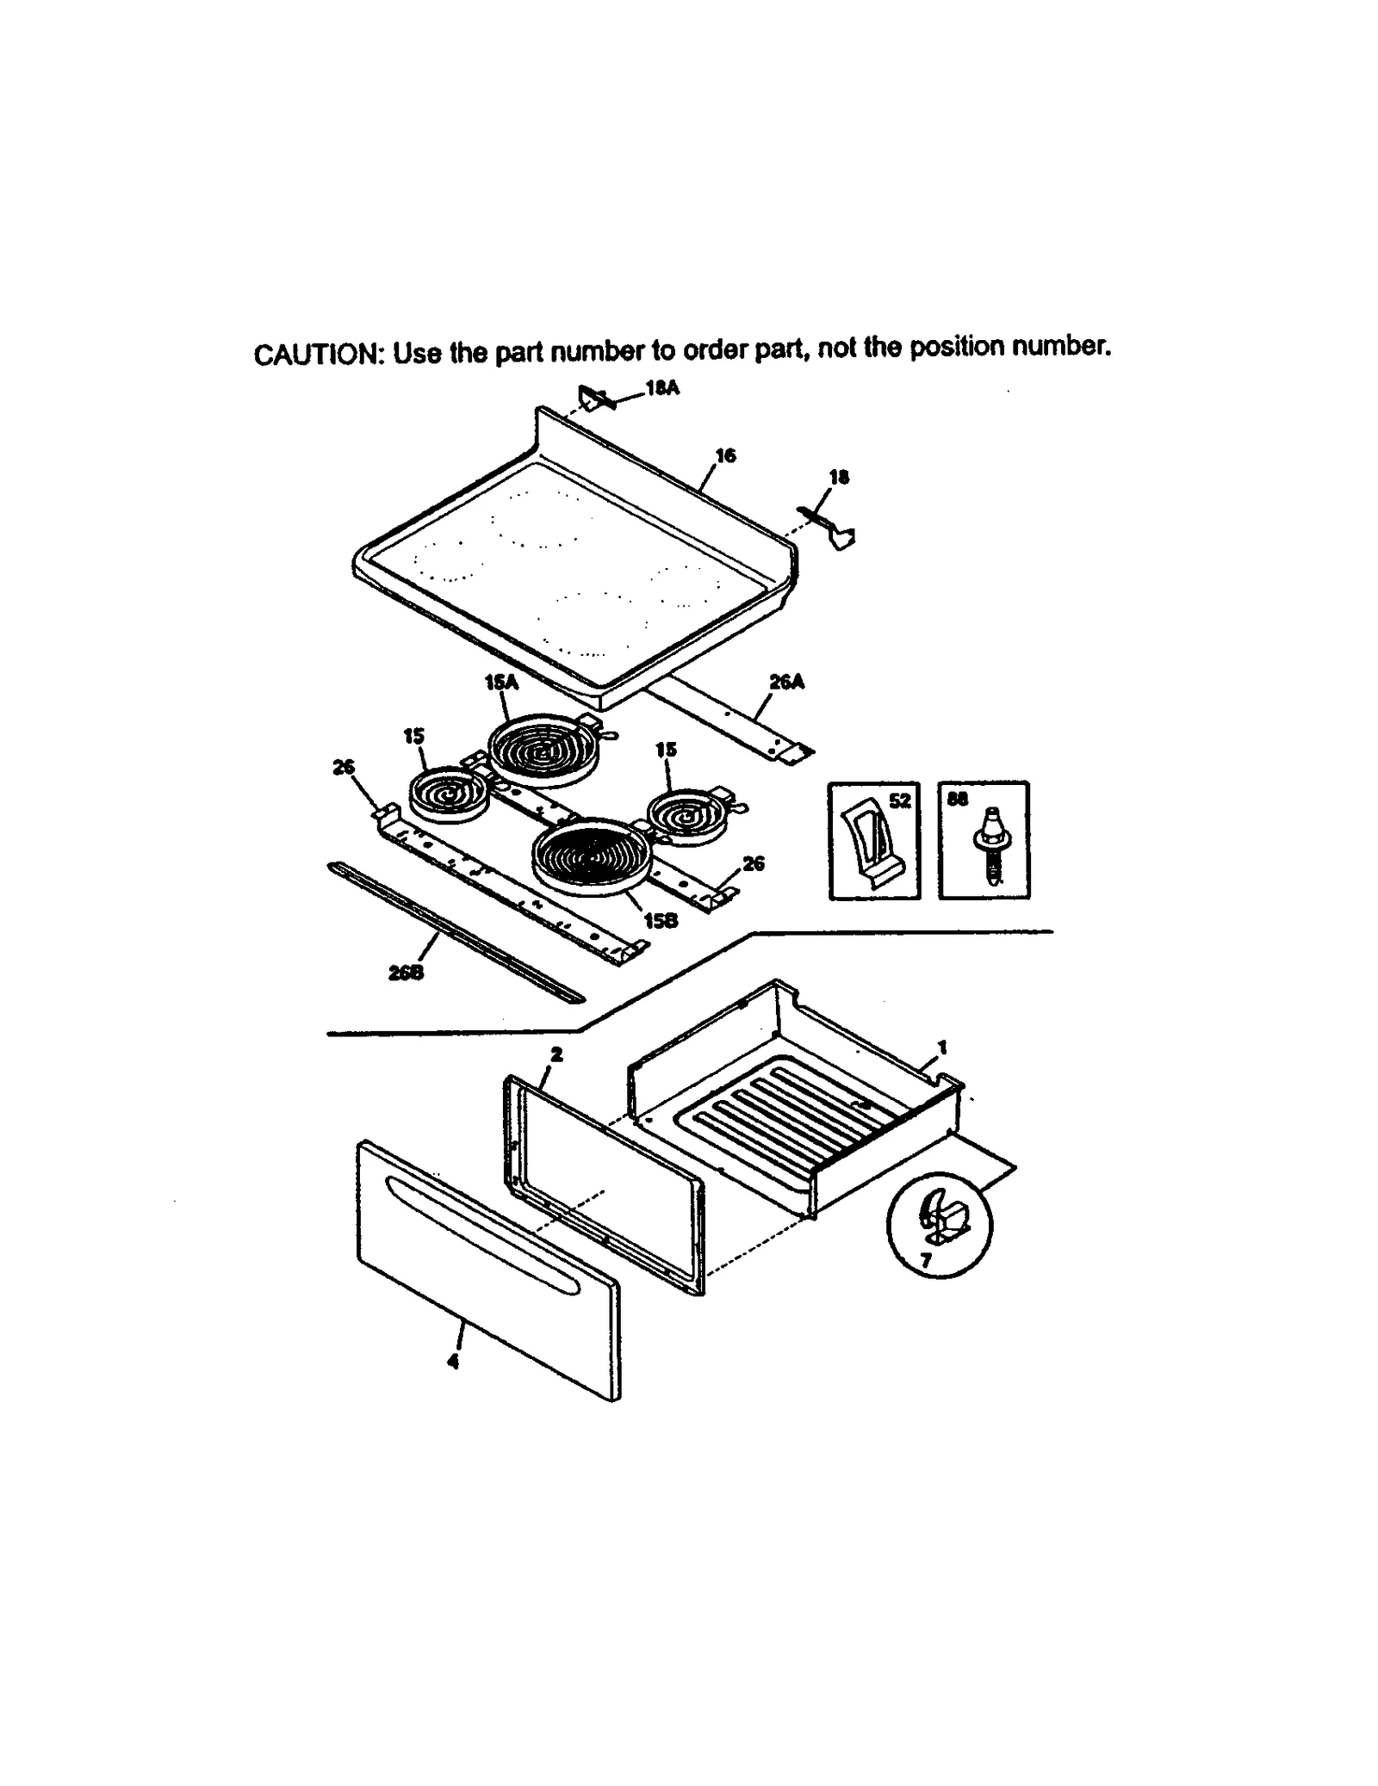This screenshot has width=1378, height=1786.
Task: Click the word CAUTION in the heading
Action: pos(316,354)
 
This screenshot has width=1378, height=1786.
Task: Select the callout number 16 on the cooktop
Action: pos(725,455)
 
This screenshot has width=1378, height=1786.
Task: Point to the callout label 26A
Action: pos(785,682)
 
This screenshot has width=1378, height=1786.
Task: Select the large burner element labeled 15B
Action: pos(590,856)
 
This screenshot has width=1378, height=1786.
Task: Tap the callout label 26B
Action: pos(406,973)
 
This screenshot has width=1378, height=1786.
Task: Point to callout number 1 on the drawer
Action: pos(941,1047)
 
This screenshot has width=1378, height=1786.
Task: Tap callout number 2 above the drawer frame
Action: pos(556,1054)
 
